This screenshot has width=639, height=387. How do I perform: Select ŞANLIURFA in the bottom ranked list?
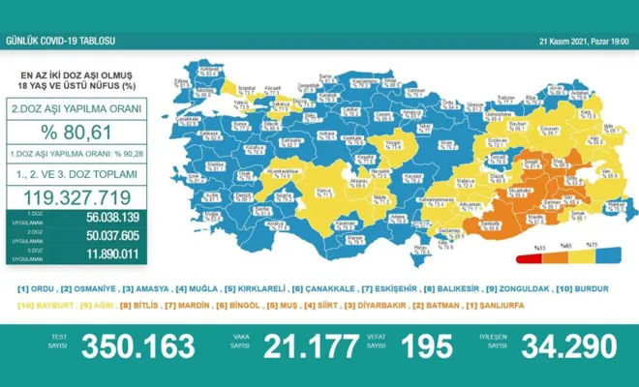pos(573,306)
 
